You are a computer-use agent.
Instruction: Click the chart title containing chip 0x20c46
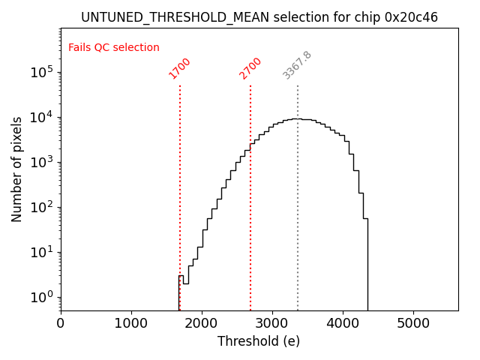(259, 16)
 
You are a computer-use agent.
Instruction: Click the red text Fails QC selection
(114, 48)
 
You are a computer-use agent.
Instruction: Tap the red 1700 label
(179, 68)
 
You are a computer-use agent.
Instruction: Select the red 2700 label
(250, 68)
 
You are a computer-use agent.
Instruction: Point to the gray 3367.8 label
(297, 65)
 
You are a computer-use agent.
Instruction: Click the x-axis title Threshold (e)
(259, 341)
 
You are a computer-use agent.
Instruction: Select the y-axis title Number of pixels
(17, 169)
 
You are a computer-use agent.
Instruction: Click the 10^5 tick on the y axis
(41, 72)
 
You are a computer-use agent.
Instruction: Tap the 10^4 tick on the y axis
(41, 117)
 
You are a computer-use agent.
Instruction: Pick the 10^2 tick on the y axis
(41, 207)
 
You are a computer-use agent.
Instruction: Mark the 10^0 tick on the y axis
(41, 297)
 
